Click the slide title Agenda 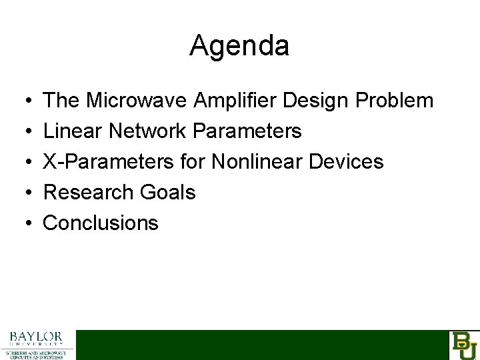pyautogui.click(x=239, y=46)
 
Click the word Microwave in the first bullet pyautogui.click(x=138, y=101)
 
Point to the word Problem pyautogui.click(x=395, y=101)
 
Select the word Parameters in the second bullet pyautogui.click(x=246, y=131)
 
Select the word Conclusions pyautogui.click(x=101, y=223)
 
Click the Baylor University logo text pyautogui.click(x=37, y=338)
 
